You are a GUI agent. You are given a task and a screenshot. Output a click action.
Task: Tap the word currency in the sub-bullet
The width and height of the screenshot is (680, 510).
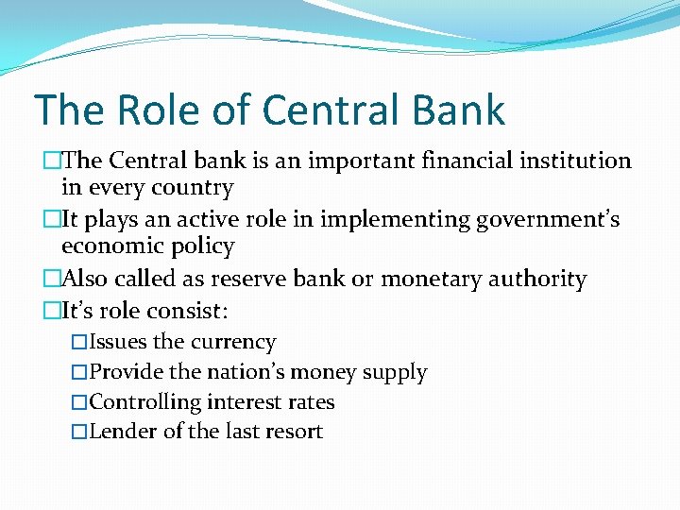pos(233,342)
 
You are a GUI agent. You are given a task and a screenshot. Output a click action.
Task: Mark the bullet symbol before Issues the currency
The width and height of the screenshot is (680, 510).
pos(79,343)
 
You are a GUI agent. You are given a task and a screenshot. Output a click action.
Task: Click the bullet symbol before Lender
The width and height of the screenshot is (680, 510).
pos(79,433)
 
